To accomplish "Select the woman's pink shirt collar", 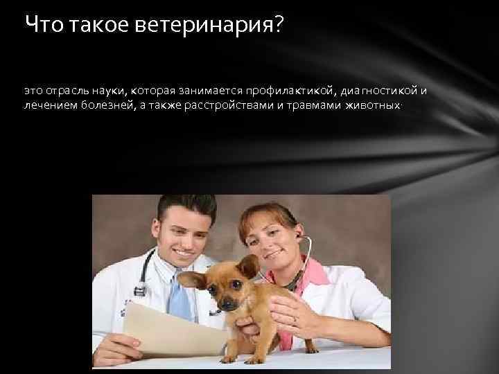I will pos(313,274).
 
